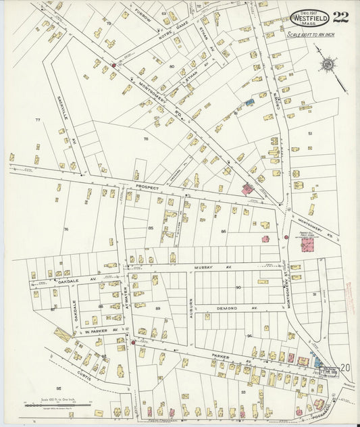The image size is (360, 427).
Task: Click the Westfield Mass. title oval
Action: tap(309, 18)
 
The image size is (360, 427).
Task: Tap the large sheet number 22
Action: tap(340, 17)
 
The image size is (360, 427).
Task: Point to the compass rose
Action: tap(328, 65)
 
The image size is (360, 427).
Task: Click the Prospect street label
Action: tap(146, 187)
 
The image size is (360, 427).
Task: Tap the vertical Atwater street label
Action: tap(126, 297)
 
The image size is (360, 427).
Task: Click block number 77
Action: tap(38, 120)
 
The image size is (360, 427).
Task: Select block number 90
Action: tap(238, 287)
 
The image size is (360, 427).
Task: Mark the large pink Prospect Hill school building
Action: tap(307, 245)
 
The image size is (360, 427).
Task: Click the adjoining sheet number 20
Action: tap(345, 368)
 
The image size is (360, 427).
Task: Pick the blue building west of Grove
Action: tap(250, 102)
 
